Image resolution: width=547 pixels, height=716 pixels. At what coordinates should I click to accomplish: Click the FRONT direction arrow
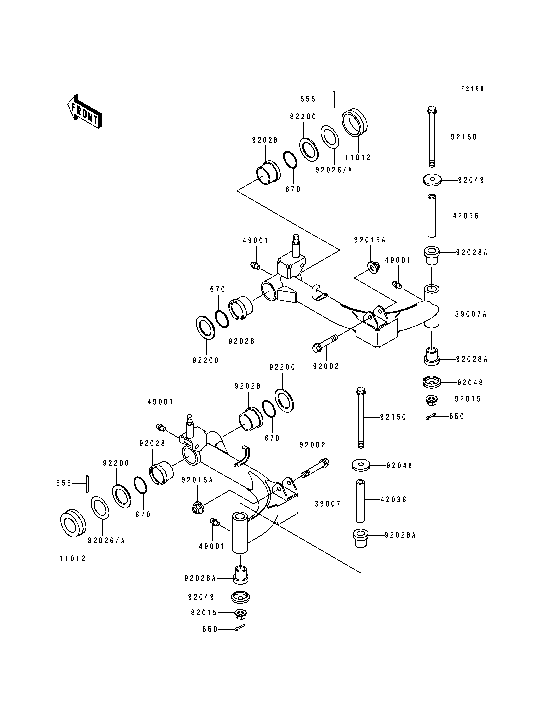pyautogui.click(x=84, y=111)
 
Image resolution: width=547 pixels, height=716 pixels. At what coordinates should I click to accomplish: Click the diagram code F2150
pyautogui.click(x=472, y=89)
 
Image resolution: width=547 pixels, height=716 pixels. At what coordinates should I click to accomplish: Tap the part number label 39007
pyautogui.click(x=328, y=504)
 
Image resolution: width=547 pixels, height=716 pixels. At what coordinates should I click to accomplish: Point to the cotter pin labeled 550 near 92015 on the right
pyautogui.click(x=432, y=417)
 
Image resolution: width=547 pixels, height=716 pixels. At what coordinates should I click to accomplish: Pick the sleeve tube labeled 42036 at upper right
pyautogui.click(x=432, y=216)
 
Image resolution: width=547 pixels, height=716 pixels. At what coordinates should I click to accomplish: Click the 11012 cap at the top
pyautogui.click(x=354, y=122)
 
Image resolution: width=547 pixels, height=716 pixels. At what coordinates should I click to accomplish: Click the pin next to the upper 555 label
pyautogui.click(x=334, y=99)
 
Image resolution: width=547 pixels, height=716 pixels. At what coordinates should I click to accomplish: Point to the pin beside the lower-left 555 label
pyautogui.click(x=87, y=484)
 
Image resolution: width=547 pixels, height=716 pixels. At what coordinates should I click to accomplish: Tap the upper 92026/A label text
pyautogui.click(x=334, y=170)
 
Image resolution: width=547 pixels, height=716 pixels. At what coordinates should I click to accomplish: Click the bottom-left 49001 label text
pyautogui.click(x=212, y=546)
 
